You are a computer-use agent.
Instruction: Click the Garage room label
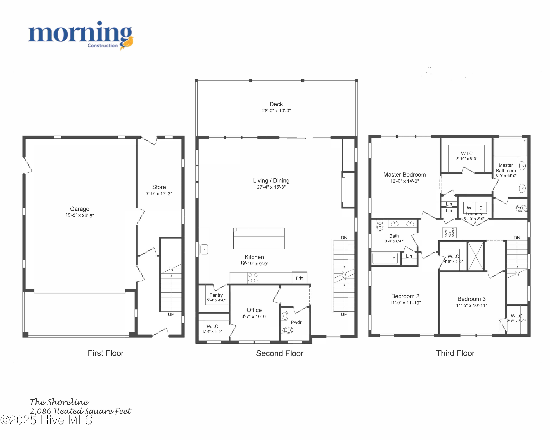click(80, 209)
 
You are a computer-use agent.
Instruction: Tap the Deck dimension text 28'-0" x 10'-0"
click(276, 111)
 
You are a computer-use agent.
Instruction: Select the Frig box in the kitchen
click(300, 278)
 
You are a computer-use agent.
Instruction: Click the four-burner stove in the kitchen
click(253, 278)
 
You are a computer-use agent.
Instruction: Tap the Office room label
click(254, 310)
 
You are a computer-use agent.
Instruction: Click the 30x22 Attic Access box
click(449, 233)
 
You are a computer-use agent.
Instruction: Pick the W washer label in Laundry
click(469, 208)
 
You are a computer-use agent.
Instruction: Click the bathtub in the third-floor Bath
click(385, 258)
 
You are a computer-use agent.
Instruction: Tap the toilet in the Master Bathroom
click(521, 208)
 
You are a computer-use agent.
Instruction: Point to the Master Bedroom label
click(404, 175)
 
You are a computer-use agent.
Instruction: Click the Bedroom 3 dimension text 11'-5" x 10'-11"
click(471, 305)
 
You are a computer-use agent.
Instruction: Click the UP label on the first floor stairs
click(171, 314)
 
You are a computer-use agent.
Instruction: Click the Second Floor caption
click(280, 353)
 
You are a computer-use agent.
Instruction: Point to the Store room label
click(159, 187)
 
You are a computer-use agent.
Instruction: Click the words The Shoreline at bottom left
click(59, 402)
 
